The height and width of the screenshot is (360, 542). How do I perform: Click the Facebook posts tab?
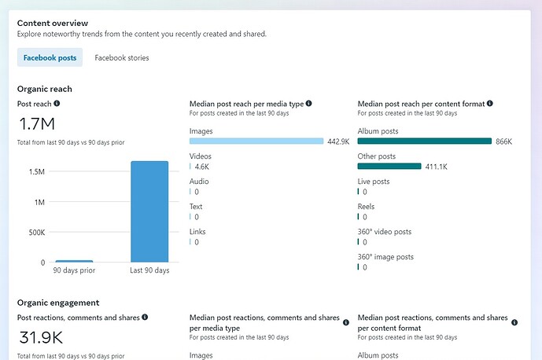click(x=50, y=57)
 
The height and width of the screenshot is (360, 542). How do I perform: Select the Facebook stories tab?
click(x=122, y=57)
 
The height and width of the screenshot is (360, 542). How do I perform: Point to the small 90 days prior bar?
click(x=74, y=260)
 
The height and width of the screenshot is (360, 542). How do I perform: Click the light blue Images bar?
click(x=256, y=141)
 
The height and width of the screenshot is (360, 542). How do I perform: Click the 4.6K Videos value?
click(x=201, y=167)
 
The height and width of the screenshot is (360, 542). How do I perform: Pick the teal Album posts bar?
click(x=424, y=141)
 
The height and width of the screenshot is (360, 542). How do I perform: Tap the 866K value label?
click(x=503, y=141)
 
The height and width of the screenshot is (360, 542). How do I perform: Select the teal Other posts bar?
click(x=389, y=167)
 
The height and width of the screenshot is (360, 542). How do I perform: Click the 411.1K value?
click(x=437, y=167)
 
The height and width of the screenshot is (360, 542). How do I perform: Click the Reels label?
click(x=367, y=207)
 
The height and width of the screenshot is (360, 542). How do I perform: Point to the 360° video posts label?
click(x=385, y=232)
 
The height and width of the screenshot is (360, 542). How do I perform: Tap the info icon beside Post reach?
click(x=57, y=103)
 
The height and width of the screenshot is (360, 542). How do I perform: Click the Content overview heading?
click(x=53, y=24)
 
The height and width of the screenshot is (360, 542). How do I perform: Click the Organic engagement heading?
click(x=58, y=303)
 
